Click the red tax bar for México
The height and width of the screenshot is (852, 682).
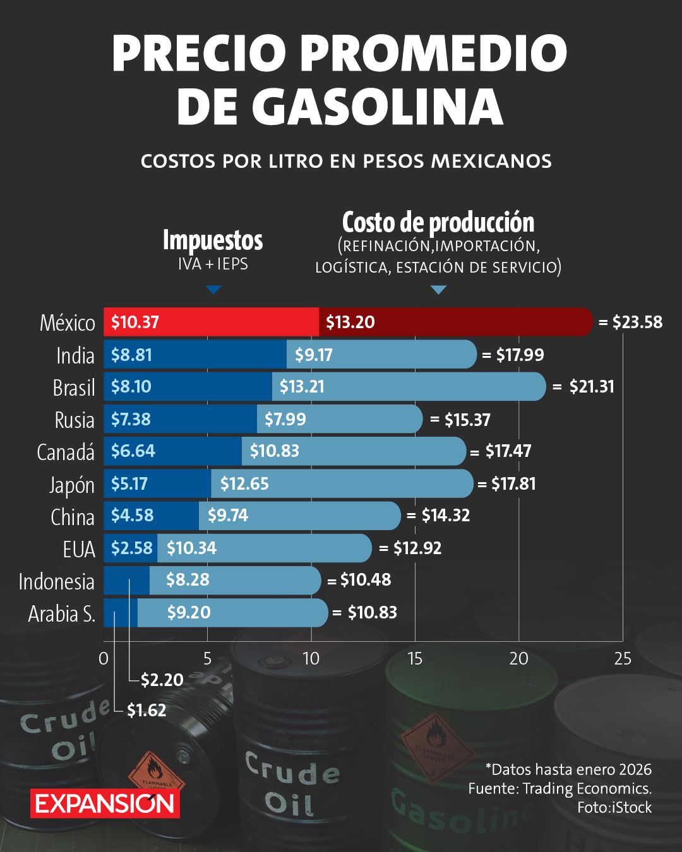pyautogui.click(x=212, y=322)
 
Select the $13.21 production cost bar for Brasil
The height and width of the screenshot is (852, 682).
pyautogui.click(x=408, y=386)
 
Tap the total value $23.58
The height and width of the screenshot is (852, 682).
pyautogui.click(x=637, y=322)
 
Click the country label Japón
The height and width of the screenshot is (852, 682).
pyautogui.click(x=72, y=485)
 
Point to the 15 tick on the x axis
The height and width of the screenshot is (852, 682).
pyautogui.click(x=415, y=659)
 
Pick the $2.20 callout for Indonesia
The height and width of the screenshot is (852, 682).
pyautogui.click(x=162, y=680)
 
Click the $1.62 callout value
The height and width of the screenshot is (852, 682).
pyautogui.click(x=147, y=711)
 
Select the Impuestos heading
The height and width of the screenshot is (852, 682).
pyautogui.click(x=213, y=240)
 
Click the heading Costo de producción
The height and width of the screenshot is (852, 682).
pyautogui.click(x=438, y=222)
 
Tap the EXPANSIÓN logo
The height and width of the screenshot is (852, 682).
pyautogui.click(x=105, y=803)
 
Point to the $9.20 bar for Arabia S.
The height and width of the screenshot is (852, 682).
pyautogui.click(x=232, y=612)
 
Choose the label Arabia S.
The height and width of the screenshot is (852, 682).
pyautogui.click(x=62, y=613)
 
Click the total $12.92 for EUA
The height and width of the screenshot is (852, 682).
pyautogui.click(x=417, y=548)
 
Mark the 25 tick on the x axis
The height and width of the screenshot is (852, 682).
pyautogui.click(x=622, y=659)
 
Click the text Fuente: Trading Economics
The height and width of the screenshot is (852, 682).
pyautogui.click(x=559, y=788)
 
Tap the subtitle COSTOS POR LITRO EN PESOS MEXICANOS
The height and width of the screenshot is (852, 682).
pyautogui.click(x=346, y=161)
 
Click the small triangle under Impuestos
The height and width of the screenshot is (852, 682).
pyautogui.click(x=213, y=290)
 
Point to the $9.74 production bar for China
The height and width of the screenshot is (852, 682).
pyautogui.click(x=299, y=516)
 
